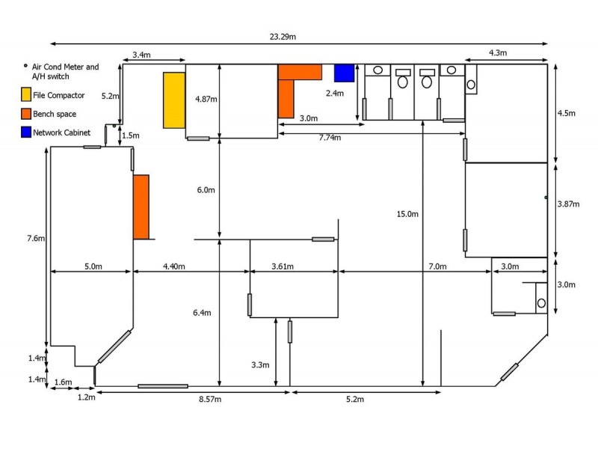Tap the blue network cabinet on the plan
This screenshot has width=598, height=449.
pos(344,73)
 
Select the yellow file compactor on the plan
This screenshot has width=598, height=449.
pos(174,100)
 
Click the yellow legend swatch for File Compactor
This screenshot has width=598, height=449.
pos(26,95)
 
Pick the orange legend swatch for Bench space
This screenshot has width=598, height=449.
pos(26,114)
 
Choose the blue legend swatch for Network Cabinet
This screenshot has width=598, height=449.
pos(26,132)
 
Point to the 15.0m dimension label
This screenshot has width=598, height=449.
pos(408,214)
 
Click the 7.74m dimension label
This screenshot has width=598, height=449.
pos(329,138)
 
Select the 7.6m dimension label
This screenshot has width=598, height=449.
pos(36,239)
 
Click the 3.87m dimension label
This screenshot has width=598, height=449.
pos(569,204)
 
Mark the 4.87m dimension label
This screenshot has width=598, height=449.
pos(205,99)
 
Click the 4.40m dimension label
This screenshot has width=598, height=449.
pos(174,266)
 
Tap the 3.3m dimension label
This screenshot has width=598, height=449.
pos(260,364)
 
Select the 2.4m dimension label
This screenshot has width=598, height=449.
pos(334,94)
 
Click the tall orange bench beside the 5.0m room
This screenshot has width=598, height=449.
pos(141,207)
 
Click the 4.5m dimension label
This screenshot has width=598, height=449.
pos(567,114)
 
